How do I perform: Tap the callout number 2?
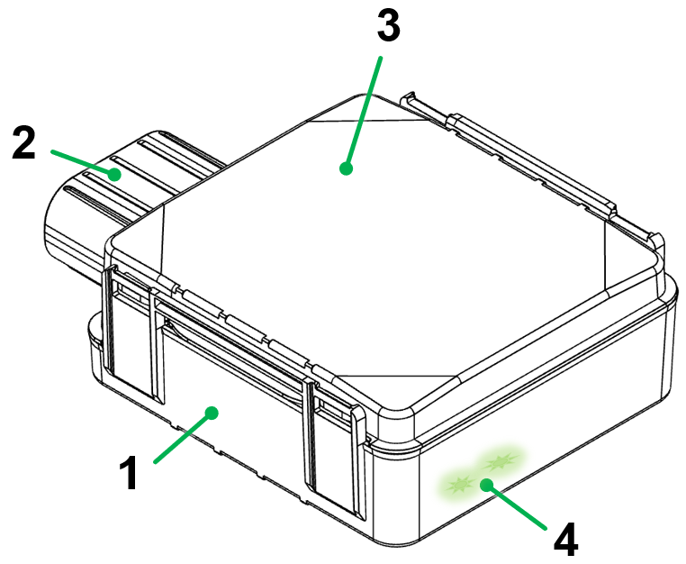click(24, 143)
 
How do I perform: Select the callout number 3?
click(388, 27)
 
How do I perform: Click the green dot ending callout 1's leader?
click(212, 413)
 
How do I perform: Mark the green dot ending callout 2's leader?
click(115, 174)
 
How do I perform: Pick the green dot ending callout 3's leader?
click(346, 167)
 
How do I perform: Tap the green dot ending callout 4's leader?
click(487, 485)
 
